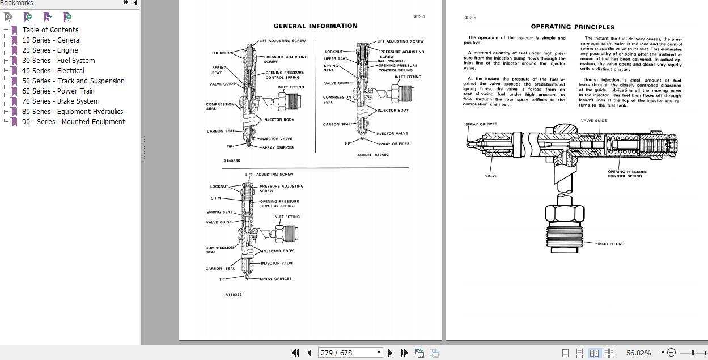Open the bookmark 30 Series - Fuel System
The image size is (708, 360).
pos(58,61)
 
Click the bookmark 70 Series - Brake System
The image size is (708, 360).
pos(61,101)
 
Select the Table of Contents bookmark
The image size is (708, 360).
pos(50,30)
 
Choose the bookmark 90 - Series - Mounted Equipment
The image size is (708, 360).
pos(74,122)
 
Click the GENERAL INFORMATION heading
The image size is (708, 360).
pos(315,26)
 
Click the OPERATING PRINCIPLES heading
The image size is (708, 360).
pos(573,27)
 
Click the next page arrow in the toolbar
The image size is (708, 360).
pos(390,353)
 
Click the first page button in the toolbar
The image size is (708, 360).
pos(295,353)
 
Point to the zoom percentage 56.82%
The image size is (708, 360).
pos(639,353)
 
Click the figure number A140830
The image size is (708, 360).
pos(232,161)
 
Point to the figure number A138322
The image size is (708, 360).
pos(234,295)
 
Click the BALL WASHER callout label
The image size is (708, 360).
pos(391,61)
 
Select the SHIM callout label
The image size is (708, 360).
pos(216,198)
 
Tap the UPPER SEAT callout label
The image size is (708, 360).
pos(336,58)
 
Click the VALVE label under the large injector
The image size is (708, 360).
pos(491,176)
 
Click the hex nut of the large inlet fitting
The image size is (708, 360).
pos(565,214)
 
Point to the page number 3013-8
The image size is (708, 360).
pos(469,18)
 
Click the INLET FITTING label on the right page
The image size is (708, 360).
pos(611,244)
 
